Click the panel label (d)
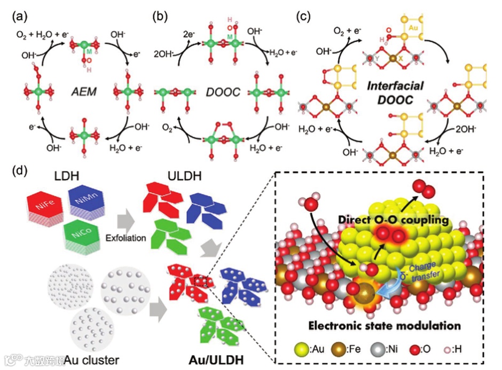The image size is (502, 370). [x=19, y=172]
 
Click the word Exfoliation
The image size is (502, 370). [x=126, y=238]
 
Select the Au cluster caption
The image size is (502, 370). [x=88, y=359]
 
